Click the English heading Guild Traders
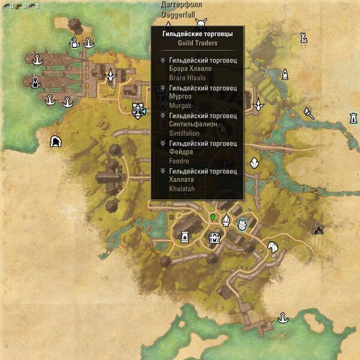[197, 43]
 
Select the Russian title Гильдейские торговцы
[197, 34]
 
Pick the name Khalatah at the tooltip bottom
[182, 189]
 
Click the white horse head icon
[273, 246]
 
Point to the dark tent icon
[319, 228]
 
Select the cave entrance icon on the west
[56, 142]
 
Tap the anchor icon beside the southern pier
[281, 317]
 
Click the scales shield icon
[139, 110]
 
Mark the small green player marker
[212, 216]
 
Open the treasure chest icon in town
[214, 238]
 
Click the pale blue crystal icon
[242, 225]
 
